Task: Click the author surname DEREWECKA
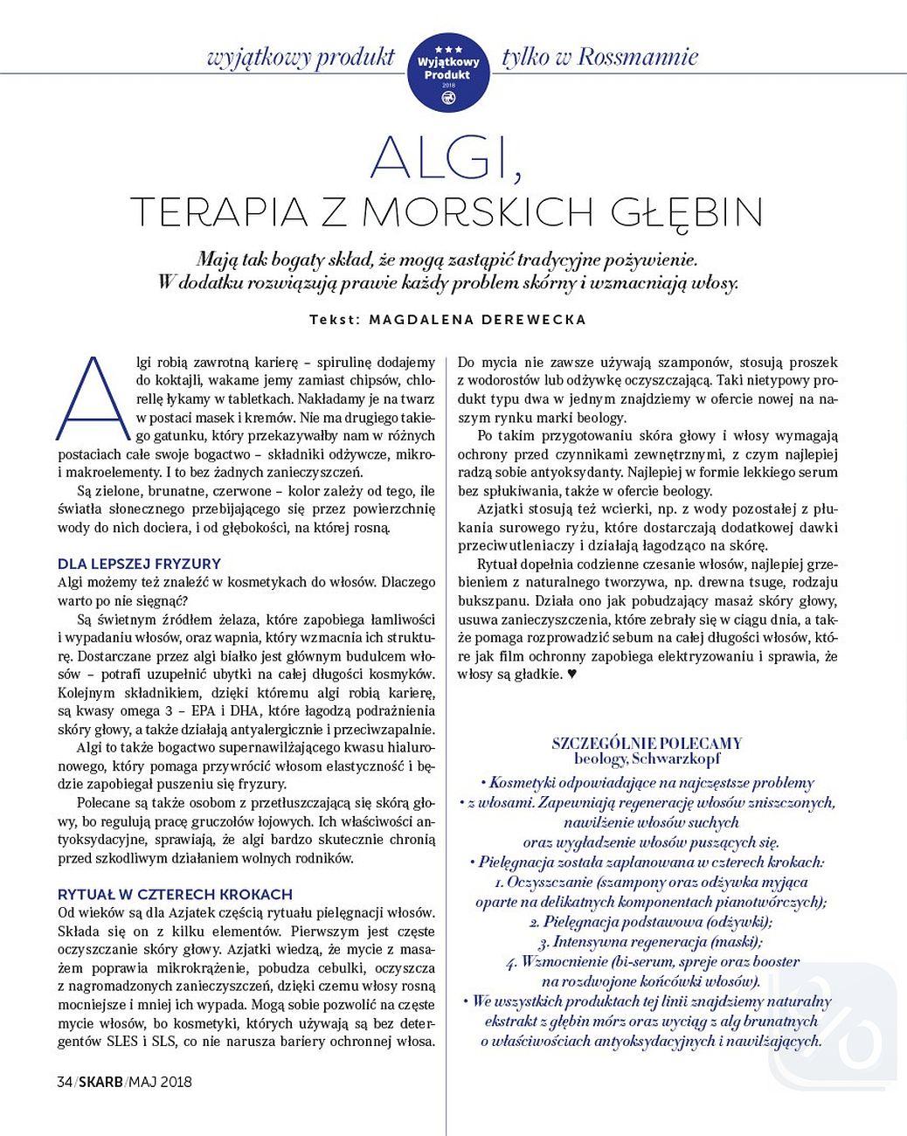(x=532, y=320)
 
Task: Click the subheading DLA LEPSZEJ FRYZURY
(x=139, y=564)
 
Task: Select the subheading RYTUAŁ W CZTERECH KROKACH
(x=175, y=894)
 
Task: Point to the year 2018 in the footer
(x=175, y=1082)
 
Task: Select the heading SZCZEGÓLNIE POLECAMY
(x=647, y=743)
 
